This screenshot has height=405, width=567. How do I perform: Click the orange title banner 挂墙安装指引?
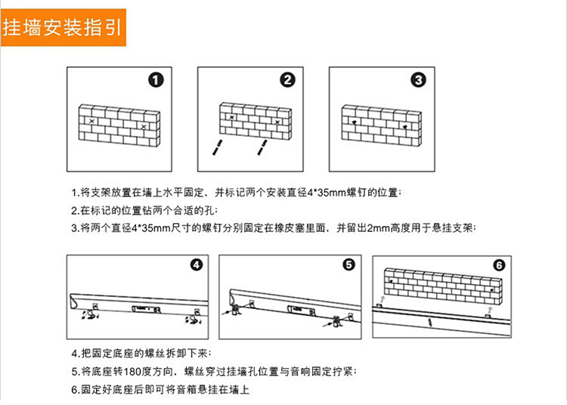pyautogui.click(x=64, y=27)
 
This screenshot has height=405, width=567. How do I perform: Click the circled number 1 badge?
pyautogui.click(x=156, y=80)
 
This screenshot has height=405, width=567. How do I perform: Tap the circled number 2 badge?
pyautogui.click(x=287, y=80)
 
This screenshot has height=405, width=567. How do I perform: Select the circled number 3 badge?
pyautogui.click(x=418, y=80)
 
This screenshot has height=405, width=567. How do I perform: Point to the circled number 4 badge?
pyautogui.click(x=196, y=265)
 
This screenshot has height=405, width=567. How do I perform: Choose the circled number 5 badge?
pyautogui.click(x=349, y=264)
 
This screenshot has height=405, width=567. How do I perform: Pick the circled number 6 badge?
pyautogui.click(x=499, y=265)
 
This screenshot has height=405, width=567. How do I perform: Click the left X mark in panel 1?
pyautogui.click(x=91, y=121)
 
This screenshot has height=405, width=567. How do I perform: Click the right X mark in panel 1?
pyautogui.click(x=144, y=127)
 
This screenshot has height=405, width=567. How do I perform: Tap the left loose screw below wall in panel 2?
pyautogui.click(x=217, y=147)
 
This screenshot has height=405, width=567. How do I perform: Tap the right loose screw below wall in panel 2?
pyautogui.click(x=262, y=148)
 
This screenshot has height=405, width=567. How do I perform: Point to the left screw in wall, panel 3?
pyautogui.click(x=354, y=122)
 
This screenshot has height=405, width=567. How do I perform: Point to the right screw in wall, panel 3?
pyautogui.click(x=404, y=127)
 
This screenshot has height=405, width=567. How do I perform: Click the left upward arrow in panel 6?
pyautogui.click(x=383, y=299)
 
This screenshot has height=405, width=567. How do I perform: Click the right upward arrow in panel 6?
pyautogui.click(x=490, y=311)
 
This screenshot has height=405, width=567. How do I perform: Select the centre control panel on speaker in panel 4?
pyautogui.click(x=146, y=309)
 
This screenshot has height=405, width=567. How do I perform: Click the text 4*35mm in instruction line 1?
pyautogui.click(x=327, y=192)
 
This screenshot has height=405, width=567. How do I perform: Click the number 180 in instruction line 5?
pyautogui.click(x=130, y=372)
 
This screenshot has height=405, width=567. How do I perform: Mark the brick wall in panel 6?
pyautogui.click(x=443, y=287)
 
